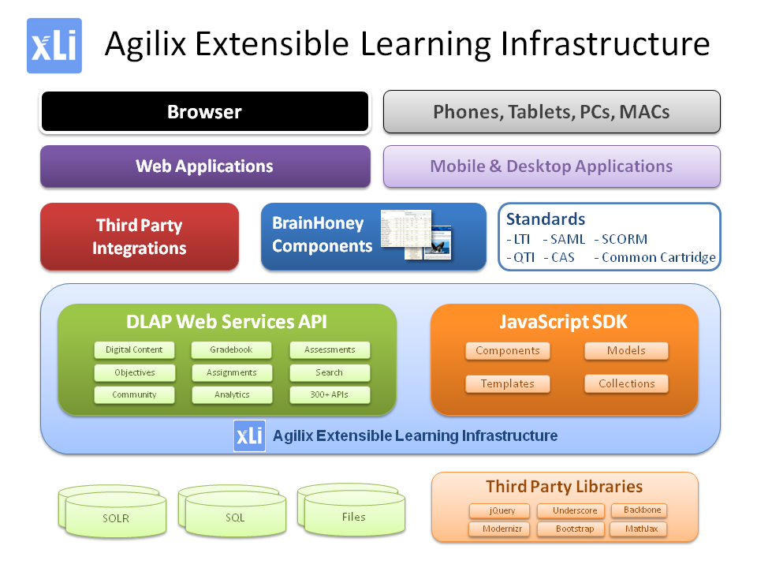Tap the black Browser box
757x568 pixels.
[x=204, y=112]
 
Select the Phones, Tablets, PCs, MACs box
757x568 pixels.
[x=551, y=112]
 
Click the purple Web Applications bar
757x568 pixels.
[x=204, y=166]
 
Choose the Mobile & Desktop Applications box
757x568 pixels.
[x=551, y=166]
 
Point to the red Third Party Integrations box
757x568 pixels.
[x=140, y=237]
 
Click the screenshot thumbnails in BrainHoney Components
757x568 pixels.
[x=416, y=235]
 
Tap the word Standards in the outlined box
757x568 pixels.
[x=546, y=219]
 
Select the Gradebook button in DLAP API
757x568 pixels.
[x=232, y=350]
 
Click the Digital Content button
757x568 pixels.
[x=134, y=350]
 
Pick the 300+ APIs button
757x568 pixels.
[x=330, y=394]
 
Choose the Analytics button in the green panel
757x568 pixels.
[x=232, y=394]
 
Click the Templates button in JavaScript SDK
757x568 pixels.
[x=508, y=384]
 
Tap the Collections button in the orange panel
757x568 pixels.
[x=626, y=384]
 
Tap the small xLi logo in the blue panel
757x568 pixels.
[x=249, y=436]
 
